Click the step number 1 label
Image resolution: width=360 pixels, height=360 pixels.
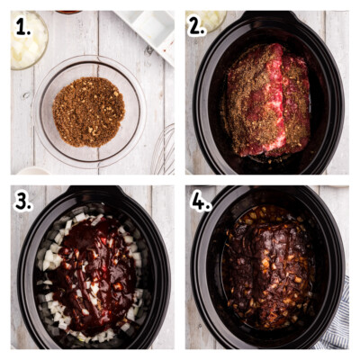(x=22, y=28)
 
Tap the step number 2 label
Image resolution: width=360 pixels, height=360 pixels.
(x=197, y=28)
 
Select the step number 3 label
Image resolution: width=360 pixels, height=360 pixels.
(x=22, y=202)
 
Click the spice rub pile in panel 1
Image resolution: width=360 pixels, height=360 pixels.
(x=88, y=112)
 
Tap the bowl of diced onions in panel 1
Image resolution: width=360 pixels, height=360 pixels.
(x=29, y=40)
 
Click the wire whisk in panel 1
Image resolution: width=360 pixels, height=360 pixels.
(x=164, y=151)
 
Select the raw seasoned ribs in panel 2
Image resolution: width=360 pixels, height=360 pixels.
(x=267, y=101)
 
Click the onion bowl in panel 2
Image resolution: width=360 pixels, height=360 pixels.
(x=207, y=21)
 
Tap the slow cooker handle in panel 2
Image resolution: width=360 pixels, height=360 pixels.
(x=268, y=16)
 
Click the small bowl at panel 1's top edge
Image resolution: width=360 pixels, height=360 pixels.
(x=68, y=13)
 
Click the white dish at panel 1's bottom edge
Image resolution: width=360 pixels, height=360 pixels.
(x=33, y=171)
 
